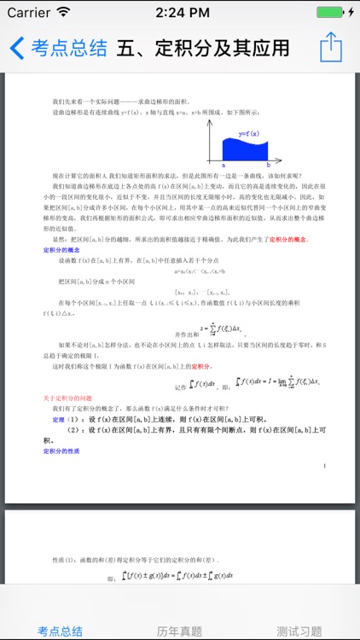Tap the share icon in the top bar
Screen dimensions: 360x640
click(331, 47)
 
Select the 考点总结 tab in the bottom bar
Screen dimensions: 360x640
click(60, 631)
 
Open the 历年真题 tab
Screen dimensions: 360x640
click(180, 631)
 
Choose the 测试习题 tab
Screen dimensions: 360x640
click(299, 631)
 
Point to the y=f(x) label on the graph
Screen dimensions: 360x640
click(249, 133)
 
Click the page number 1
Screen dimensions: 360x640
click(325, 466)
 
